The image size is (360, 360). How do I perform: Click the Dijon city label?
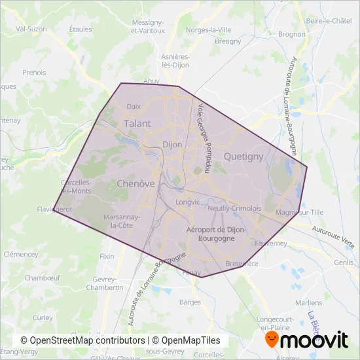point(172,145)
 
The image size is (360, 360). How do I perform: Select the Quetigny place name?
point(243,156)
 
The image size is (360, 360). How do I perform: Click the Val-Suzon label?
point(30,29)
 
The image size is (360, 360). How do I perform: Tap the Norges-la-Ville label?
point(208,29)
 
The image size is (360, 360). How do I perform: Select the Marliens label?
point(308,303)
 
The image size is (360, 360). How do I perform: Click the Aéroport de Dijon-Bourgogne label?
point(216,234)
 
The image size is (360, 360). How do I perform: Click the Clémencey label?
point(21,253)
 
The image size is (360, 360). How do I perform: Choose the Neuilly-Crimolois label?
point(234,208)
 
